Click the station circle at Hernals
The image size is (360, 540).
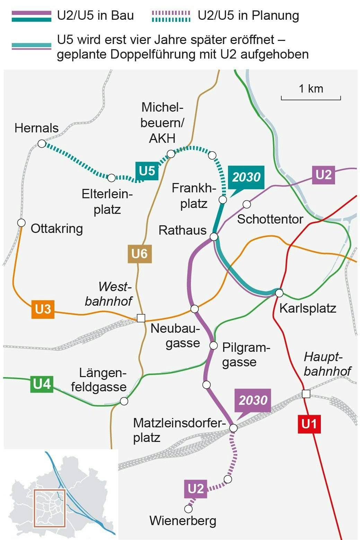pos(42,143)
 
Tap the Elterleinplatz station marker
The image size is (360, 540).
pos(111,178)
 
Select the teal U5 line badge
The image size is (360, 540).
pos(147,171)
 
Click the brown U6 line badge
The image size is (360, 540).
pos(140,254)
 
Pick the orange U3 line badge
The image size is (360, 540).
pos(43,309)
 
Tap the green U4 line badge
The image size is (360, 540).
pos(42,384)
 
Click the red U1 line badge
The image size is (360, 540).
pos(309,424)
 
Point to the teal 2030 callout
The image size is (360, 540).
pos(246,177)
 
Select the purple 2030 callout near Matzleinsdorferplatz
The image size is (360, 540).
pos(253,400)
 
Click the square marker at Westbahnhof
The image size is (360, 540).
pos(141,318)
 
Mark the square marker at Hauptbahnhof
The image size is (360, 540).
pos(306,394)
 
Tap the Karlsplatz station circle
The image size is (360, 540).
pos(279,293)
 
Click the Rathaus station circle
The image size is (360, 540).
pos(214,237)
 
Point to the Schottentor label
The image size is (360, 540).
pos(270,219)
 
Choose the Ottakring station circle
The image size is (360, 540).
pos(21,223)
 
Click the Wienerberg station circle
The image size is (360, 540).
pos(188,509)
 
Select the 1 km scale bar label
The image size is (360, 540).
pos(311,89)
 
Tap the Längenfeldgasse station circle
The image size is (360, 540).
pos(124,401)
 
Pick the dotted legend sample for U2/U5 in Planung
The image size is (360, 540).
pos(171,16)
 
